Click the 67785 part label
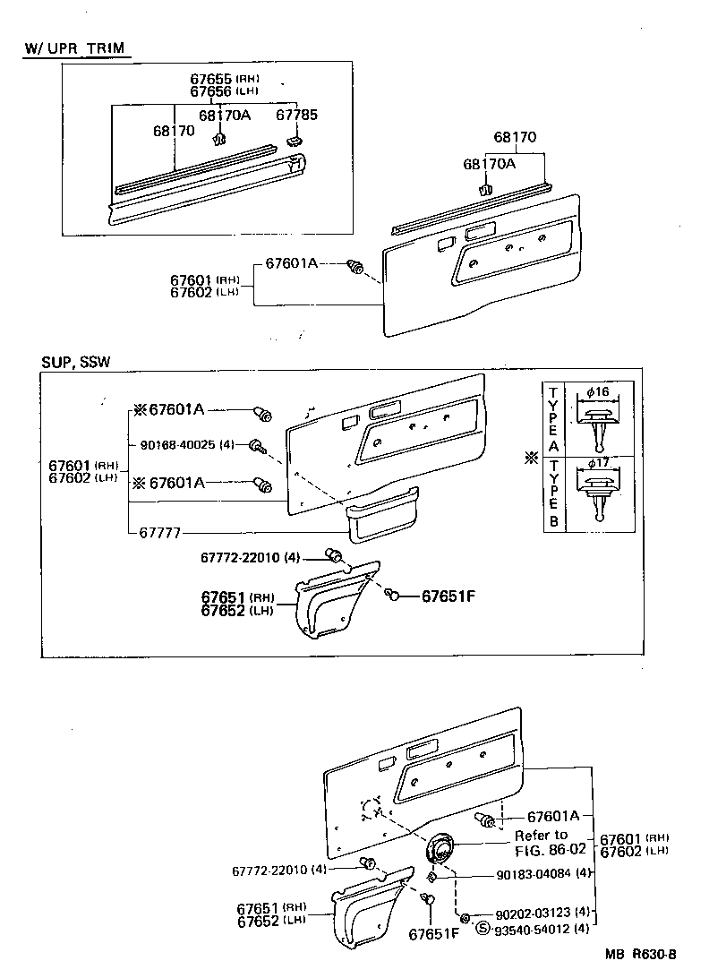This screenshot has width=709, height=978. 295,115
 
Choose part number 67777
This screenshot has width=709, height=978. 160,532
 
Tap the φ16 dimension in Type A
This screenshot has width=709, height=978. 599,391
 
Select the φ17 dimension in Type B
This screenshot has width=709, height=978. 599,465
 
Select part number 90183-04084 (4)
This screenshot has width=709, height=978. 543,874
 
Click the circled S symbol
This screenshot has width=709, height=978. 483,928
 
